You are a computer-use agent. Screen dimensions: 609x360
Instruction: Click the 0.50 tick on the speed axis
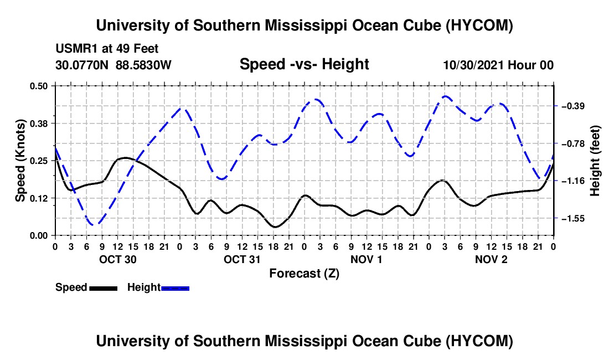[38, 86]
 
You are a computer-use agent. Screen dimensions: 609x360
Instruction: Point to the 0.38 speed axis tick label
[38, 124]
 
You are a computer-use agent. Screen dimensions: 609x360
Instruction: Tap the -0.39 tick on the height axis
[571, 106]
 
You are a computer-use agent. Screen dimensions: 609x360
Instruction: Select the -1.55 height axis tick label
[571, 219]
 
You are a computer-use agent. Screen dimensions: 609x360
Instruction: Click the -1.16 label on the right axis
[571, 181]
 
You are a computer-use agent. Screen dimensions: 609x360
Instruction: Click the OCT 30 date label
[118, 259]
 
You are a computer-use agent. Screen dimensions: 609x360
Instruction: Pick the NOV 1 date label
[367, 259]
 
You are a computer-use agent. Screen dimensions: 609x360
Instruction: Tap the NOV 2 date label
[491, 259]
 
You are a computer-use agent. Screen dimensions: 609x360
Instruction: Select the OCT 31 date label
[242, 259]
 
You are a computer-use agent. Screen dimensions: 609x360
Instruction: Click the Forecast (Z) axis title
[304, 274]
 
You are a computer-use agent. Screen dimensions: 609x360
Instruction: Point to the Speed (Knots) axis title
[20, 161]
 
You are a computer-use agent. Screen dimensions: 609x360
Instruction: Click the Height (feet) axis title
[595, 161]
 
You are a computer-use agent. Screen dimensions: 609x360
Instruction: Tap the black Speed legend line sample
[104, 289]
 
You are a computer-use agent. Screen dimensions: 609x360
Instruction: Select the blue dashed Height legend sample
[175, 289]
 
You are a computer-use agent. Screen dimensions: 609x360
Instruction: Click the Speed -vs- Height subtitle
[304, 64]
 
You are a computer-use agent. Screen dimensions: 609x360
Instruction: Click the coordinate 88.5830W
[143, 65]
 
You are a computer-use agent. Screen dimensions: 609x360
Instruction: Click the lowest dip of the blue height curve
[94, 224]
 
